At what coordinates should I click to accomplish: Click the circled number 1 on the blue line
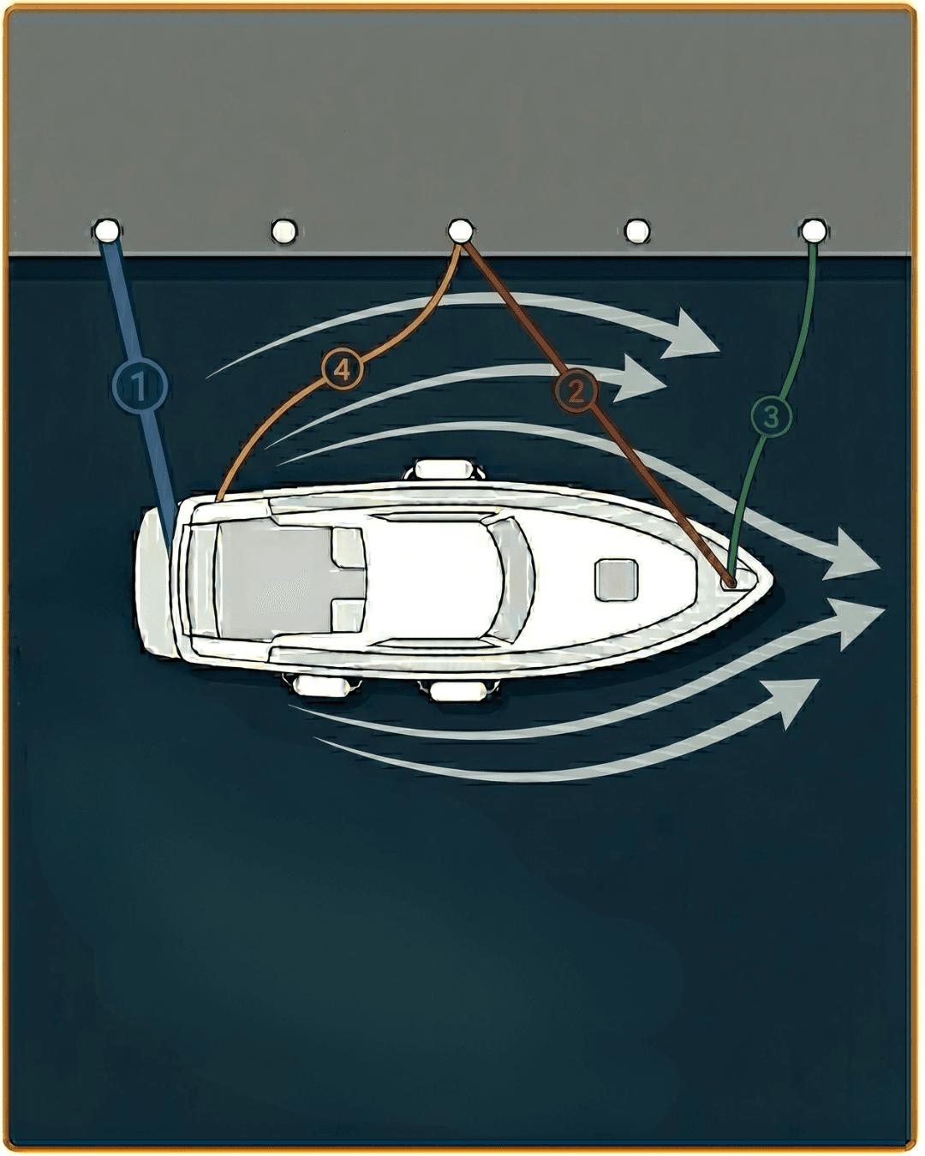pyautogui.click(x=140, y=385)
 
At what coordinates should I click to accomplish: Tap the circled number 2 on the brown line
pyautogui.click(x=576, y=390)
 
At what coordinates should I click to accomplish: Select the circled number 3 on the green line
pyautogui.click(x=772, y=416)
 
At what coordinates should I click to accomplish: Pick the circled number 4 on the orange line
pyautogui.click(x=343, y=370)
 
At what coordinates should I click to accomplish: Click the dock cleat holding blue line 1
pyautogui.click(x=106, y=231)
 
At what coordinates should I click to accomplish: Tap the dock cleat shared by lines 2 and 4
pyautogui.click(x=461, y=231)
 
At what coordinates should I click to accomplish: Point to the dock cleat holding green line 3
pyautogui.click(x=814, y=231)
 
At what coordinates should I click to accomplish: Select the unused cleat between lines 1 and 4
pyautogui.click(x=283, y=231)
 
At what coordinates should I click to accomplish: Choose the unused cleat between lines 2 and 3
pyautogui.click(x=637, y=231)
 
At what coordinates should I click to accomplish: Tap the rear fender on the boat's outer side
pyautogui.click(x=320, y=686)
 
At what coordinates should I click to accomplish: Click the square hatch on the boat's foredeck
pyautogui.click(x=617, y=580)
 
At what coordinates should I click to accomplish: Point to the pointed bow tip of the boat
pyautogui.click(x=773, y=581)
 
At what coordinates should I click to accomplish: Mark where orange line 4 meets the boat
pyautogui.click(x=219, y=499)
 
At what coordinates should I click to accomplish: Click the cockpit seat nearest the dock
pyautogui.click(x=347, y=547)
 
